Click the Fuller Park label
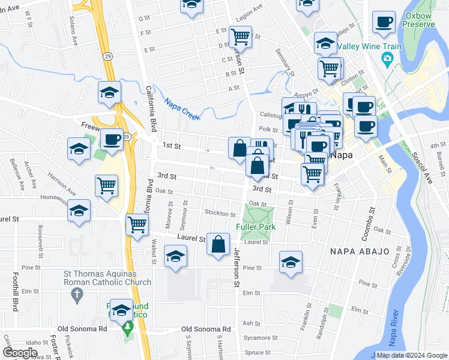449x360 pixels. (x=256, y=227)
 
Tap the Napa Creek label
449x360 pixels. (x=178, y=105)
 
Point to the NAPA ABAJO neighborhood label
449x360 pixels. (x=360, y=251)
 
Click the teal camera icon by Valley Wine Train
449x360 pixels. (x=387, y=59)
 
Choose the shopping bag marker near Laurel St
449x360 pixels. (x=218, y=244)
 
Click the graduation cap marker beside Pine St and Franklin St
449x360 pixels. (x=291, y=262)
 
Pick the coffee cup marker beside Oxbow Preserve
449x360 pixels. (x=383, y=23)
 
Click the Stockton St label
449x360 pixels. (x=220, y=214)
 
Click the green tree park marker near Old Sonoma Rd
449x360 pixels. (x=127, y=328)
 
